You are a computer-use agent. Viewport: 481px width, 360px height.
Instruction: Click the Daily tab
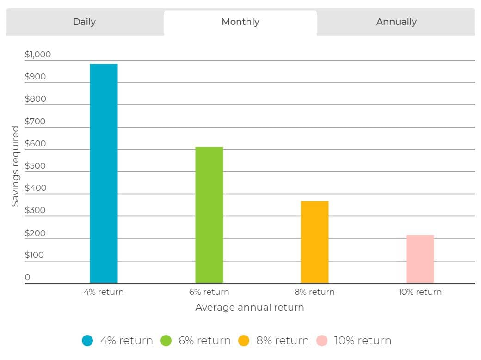point(85,22)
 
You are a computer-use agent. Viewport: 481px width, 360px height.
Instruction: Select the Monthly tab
point(240,22)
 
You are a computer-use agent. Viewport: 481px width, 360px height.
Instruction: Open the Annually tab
point(396,22)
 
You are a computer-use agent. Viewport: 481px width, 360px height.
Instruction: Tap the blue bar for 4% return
point(104,174)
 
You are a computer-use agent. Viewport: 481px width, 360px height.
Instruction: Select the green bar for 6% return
point(209,215)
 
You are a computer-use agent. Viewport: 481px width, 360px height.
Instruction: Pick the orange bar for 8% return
point(315,242)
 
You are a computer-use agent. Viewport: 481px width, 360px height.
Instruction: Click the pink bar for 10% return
point(420,259)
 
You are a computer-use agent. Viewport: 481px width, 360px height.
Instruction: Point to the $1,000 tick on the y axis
point(38,55)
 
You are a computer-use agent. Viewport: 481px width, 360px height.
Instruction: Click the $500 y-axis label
point(35,166)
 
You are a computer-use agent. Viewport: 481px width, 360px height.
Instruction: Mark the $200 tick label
point(35,233)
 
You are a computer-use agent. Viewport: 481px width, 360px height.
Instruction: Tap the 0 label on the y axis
point(27,277)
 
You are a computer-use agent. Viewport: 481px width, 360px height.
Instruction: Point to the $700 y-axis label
point(35,122)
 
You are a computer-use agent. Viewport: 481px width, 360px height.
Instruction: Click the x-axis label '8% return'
point(314,292)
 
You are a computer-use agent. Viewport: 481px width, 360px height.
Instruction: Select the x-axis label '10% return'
point(420,292)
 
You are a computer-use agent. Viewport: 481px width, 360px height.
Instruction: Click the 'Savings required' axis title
point(15,166)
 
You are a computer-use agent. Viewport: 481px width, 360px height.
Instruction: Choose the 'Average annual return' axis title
point(250,307)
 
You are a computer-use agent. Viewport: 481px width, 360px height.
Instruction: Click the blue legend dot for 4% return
point(87,341)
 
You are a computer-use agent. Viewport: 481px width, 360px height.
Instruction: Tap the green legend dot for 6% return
point(166,341)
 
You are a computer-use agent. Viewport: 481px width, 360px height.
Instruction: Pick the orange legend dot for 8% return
point(244,341)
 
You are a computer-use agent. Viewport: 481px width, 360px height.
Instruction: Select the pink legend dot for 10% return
point(322,341)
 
